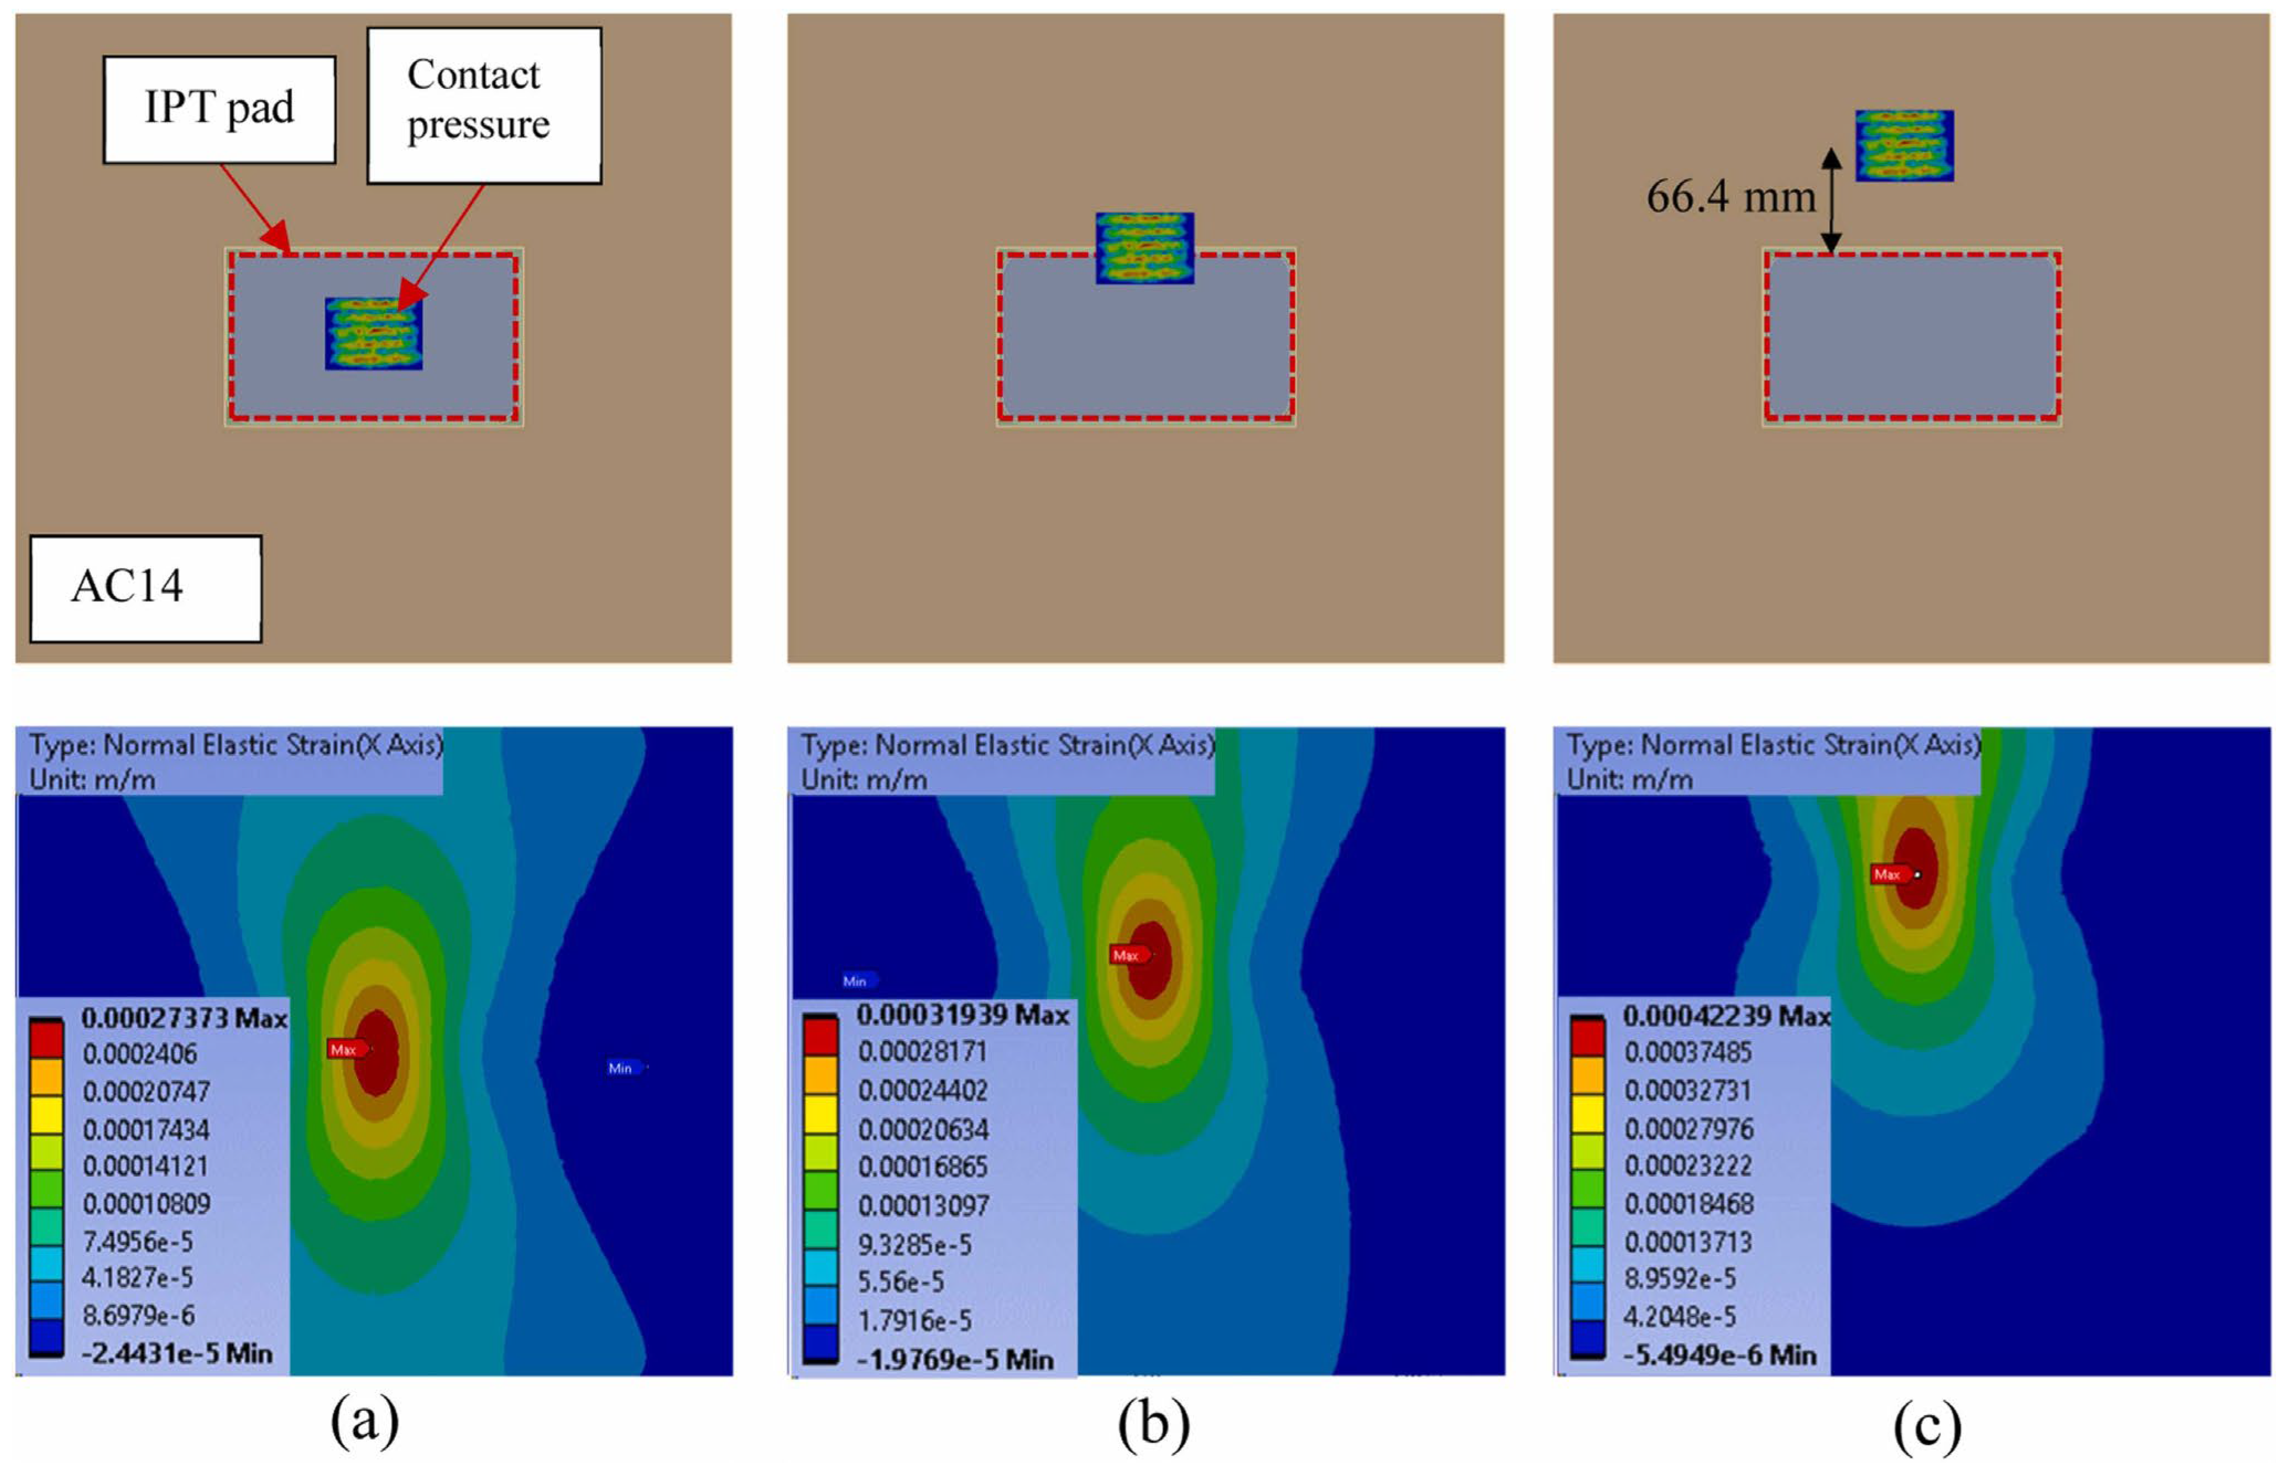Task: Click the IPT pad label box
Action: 219,109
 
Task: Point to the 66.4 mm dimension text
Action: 1730,197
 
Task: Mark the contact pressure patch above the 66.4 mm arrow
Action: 1904,146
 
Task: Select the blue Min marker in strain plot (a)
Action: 624,1068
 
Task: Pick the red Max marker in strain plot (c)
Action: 1891,874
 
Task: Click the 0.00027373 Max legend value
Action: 184,1019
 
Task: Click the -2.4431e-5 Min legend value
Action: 177,1353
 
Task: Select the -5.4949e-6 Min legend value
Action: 1720,1356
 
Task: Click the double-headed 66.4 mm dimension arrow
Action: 1830,201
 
